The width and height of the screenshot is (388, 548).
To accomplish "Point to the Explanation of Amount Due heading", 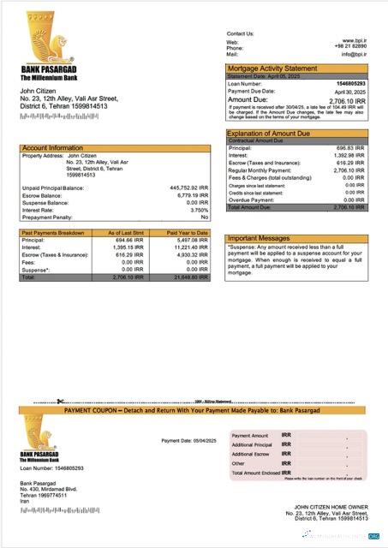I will [278, 134].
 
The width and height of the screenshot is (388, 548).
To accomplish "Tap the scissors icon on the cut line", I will [60, 401].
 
